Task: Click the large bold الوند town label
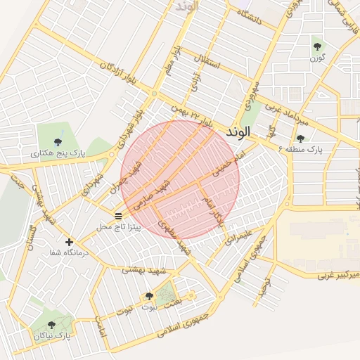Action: pyautogui.click(x=239, y=132)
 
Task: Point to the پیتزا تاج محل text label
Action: pyautogui.click(x=118, y=227)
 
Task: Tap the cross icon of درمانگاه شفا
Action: pyautogui.click(x=69, y=242)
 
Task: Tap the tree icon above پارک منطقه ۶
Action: pyautogui.click(x=300, y=139)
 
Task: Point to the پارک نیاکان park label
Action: pyautogui.click(x=52, y=337)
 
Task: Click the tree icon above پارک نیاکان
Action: pyautogui.click(x=51, y=325)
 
